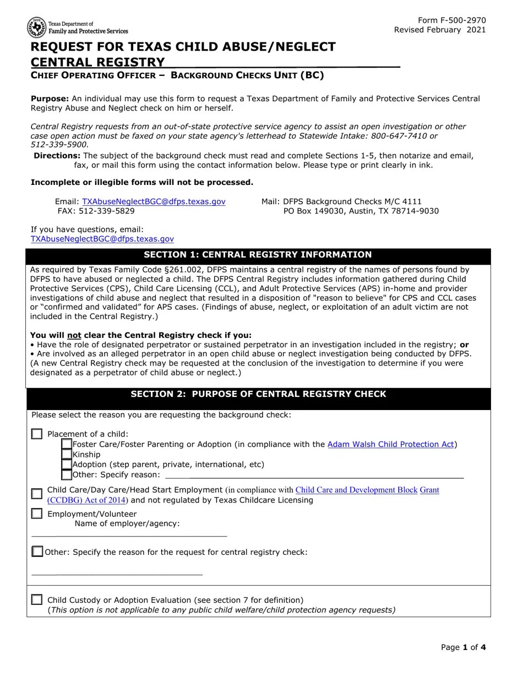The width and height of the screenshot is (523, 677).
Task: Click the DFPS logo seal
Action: click(37, 26)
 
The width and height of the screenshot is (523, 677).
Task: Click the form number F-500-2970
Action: click(452, 20)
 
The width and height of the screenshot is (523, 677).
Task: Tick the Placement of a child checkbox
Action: click(37, 434)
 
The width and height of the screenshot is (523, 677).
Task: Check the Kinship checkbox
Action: click(67, 455)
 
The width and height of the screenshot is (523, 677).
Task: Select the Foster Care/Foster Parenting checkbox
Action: click(67, 444)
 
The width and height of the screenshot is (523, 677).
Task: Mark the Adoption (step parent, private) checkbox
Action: click(67, 465)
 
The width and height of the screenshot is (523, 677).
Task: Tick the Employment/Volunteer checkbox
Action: click(37, 514)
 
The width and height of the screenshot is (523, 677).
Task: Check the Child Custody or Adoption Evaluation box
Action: click(37, 600)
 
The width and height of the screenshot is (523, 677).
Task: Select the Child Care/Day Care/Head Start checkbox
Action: click(37, 494)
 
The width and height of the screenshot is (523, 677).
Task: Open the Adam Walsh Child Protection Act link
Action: click(390, 444)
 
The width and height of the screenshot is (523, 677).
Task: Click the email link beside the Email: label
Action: click(154, 202)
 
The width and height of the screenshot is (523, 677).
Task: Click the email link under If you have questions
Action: click(102, 239)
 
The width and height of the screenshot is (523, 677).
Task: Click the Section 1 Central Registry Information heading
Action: click(258, 255)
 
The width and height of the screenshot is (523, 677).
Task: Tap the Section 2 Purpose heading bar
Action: click(258, 395)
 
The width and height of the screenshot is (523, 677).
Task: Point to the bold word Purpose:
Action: click(50, 99)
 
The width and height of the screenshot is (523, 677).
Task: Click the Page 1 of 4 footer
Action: click(463, 647)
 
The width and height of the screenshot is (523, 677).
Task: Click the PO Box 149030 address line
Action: click(361, 211)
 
